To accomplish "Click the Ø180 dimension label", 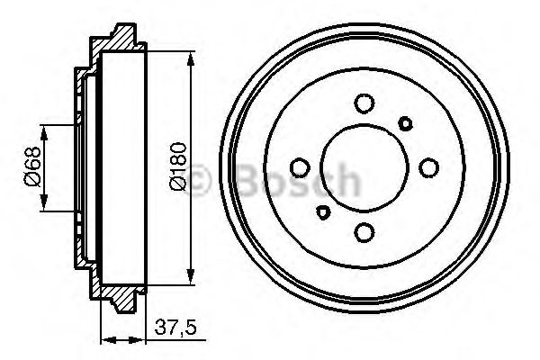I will click(178, 167).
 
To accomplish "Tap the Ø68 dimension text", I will click(29, 167).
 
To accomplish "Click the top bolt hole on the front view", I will click(364, 103).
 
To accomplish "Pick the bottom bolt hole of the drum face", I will click(364, 232).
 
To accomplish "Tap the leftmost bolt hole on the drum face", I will click(299, 167).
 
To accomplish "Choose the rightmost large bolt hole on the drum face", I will click(429, 167).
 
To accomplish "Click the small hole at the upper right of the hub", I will click(406, 122).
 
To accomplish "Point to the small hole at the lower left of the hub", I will click(322, 213).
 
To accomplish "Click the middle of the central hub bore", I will click(364, 167).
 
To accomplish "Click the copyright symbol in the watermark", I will click(204, 180).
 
